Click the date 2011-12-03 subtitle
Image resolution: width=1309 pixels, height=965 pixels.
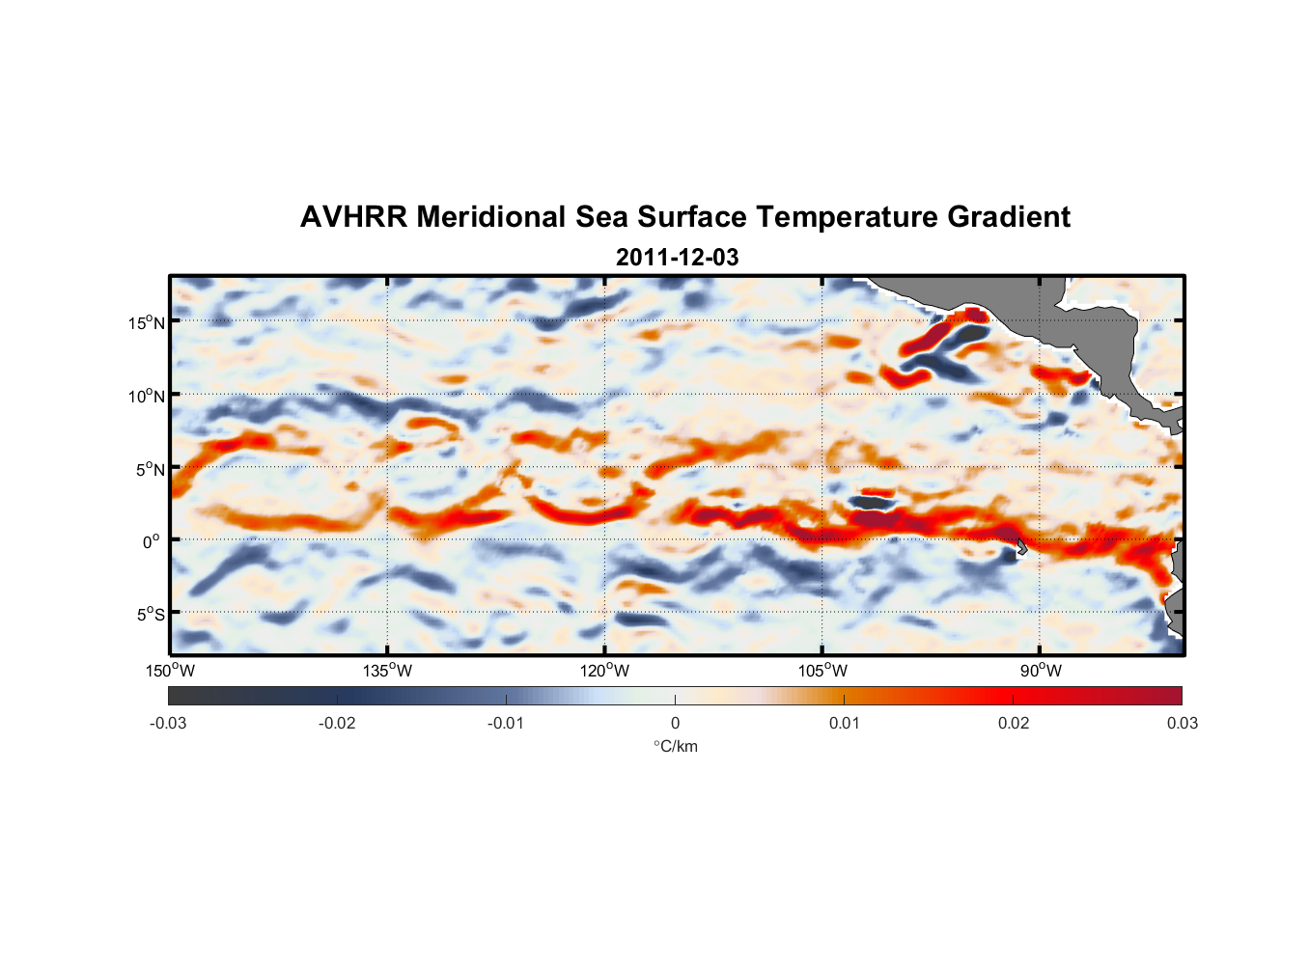[x=677, y=258]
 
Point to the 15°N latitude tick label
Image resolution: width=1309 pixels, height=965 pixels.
[x=147, y=322]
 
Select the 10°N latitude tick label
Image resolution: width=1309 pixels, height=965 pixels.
[x=147, y=396]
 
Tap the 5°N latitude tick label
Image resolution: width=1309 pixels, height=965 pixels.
[x=150, y=469]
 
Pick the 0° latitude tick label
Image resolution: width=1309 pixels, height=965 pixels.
[x=152, y=542]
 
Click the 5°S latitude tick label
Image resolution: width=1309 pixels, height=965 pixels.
[x=150, y=615]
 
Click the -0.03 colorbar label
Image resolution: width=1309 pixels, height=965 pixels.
[x=168, y=724]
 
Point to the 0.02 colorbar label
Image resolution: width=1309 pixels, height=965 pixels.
[x=1014, y=724]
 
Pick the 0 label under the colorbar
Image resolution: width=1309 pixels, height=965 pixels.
[x=675, y=724]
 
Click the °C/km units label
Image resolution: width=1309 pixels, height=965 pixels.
[x=675, y=746]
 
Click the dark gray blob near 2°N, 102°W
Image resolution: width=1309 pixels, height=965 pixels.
[x=872, y=502]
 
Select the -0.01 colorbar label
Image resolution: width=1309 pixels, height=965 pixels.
[x=506, y=724]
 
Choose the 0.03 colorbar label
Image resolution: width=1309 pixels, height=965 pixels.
[x=1182, y=724]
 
